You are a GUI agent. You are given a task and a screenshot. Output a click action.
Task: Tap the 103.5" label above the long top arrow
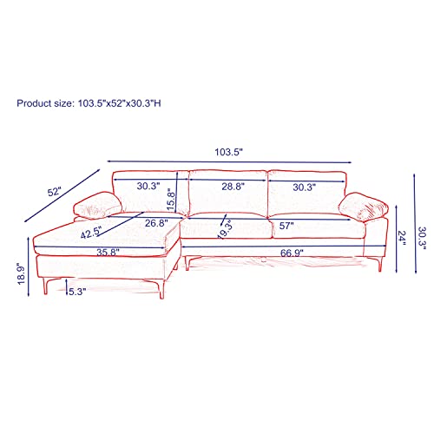click(x=228, y=152)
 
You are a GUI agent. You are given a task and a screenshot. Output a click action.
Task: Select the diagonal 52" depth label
click(x=55, y=192)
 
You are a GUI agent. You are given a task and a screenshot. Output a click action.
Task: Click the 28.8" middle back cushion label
click(x=233, y=187)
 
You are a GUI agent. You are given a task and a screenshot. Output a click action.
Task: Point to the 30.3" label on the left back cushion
click(x=148, y=186)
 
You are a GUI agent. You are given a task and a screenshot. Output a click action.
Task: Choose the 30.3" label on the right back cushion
click(x=304, y=187)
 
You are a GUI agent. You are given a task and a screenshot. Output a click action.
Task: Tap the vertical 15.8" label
click(x=171, y=200)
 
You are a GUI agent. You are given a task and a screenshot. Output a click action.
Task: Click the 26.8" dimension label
click(x=156, y=223)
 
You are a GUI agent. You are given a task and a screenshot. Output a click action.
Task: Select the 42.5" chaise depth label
click(x=91, y=233)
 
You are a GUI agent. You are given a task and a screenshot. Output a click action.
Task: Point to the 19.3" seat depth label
click(x=226, y=229)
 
